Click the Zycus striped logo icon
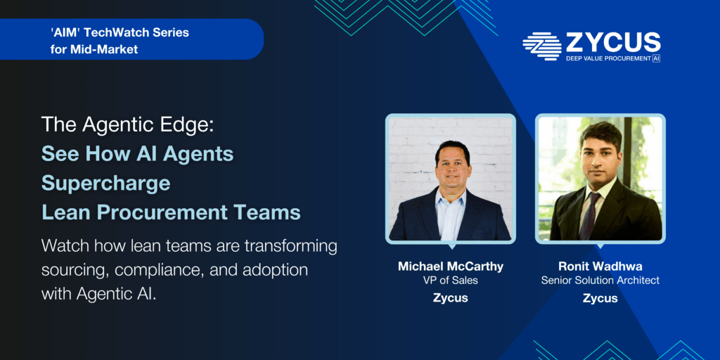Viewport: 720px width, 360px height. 541,46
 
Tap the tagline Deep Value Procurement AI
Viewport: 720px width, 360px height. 612,58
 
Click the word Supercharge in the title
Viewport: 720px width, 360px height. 105,182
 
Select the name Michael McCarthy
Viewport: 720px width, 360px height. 450,266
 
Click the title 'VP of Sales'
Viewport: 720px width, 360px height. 450,281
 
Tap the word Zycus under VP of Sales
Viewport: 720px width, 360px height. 450,298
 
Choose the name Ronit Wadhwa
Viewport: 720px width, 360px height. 600,266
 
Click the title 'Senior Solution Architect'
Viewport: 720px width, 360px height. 600,281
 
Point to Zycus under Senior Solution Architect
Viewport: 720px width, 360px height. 600,298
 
